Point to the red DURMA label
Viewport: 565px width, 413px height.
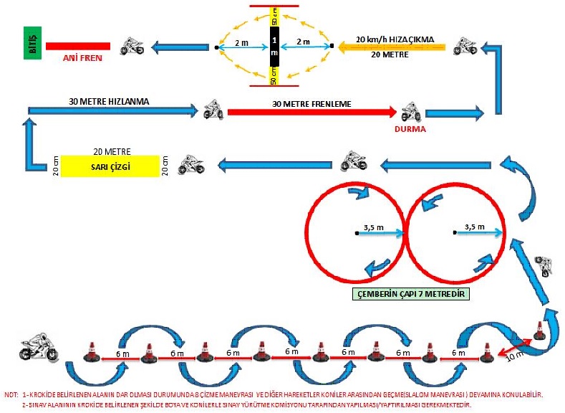coord(410,130)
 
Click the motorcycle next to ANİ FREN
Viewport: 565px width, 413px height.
coord(131,47)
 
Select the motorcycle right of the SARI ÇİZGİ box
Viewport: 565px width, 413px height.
coord(191,164)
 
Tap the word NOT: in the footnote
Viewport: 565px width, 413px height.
coord(11,394)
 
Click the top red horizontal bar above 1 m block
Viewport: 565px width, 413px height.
coord(274,5)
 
